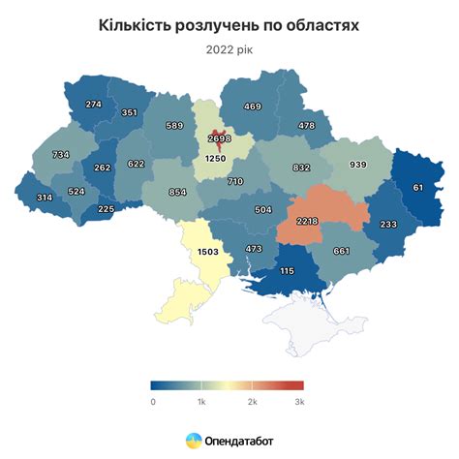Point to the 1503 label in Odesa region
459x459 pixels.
click(x=208, y=252)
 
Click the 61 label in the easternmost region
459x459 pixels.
click(x=417, y=187)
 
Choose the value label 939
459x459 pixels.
click(x=357, y=166)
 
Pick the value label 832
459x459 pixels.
click(x=301, y=168)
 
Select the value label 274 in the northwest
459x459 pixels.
click(x=94, y=105)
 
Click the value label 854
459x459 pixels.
click(x=177, y=193)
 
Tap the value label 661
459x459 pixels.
click(x=342, y=252)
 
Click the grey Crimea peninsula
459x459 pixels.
click(x=306, y=321)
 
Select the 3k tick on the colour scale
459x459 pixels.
click(x=299, y=400)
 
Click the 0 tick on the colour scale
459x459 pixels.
click(x=153, y=400)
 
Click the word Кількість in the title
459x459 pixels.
click(x=139, y=23)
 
